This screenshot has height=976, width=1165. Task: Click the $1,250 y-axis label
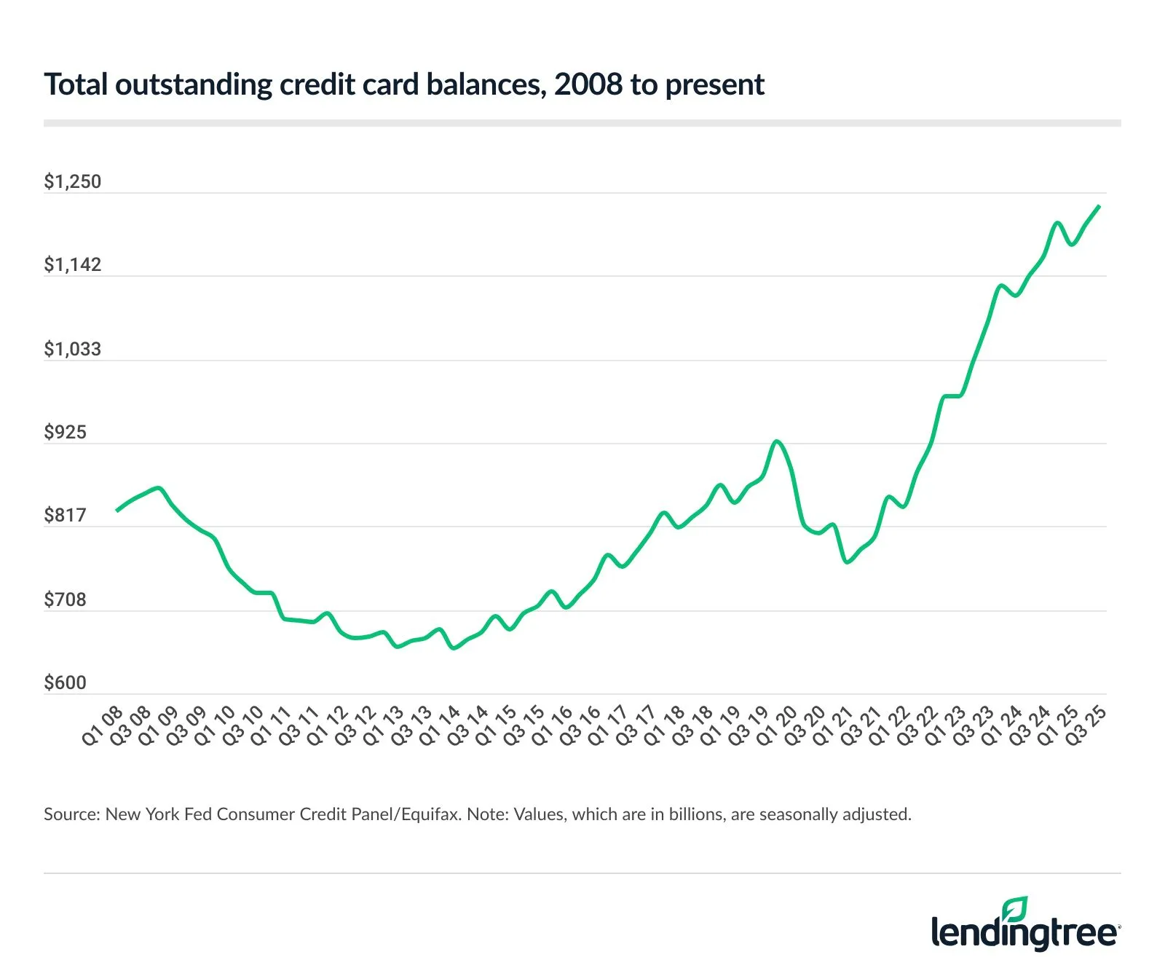(x=72, y=181)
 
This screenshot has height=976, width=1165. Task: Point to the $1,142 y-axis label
(x=72, y=264)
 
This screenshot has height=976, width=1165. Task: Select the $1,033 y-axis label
(x=72, y=349)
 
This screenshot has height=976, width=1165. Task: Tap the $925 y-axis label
(x=65, y=432)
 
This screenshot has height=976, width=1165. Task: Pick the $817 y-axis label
(x=65, y=515)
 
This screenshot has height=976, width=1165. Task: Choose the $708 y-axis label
(x=65, y=599)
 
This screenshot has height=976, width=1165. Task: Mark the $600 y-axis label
(x=65, y=682)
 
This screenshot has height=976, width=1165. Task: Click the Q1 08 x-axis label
(x=103, y=726)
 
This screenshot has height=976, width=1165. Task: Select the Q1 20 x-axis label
(x=777, y=726)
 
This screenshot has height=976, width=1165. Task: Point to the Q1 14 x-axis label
(x=440, y=726)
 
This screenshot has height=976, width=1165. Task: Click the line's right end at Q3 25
(x=1099, y=207)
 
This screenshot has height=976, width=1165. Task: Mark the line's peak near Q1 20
(x=777, y=441)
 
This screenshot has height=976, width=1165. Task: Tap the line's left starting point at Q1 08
(x=117, y=511)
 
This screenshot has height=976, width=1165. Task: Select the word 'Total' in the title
(x=76, y=84)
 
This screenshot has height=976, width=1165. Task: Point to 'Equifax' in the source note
(x=430, y=814)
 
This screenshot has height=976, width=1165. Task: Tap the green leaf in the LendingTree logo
(x=1015, y=909)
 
